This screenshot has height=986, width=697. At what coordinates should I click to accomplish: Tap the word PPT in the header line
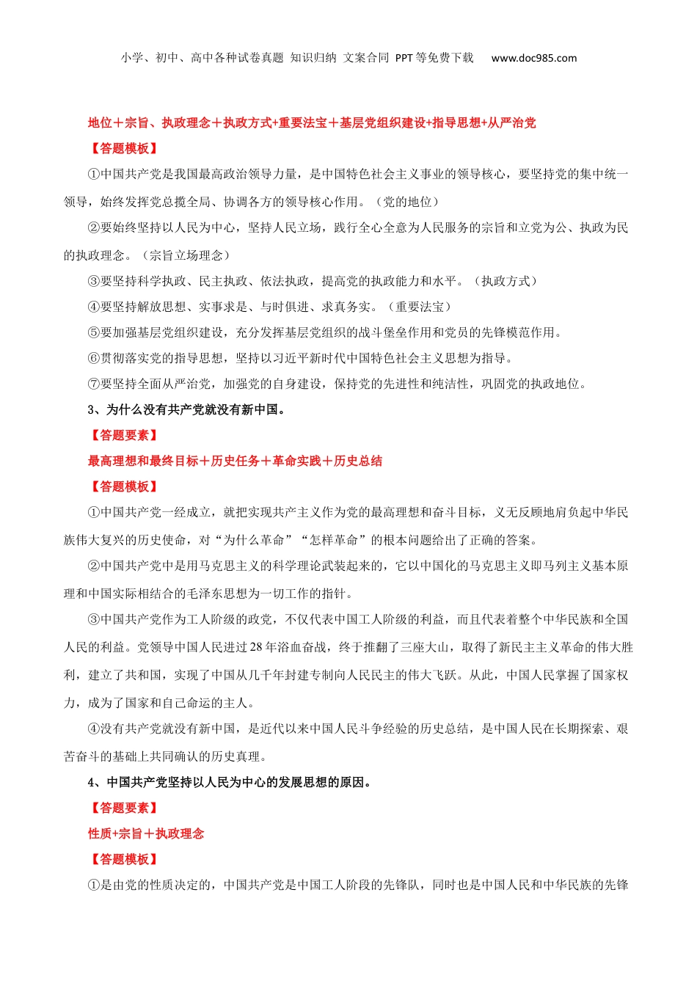(x=404, y=58)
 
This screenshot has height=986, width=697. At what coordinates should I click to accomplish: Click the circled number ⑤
(x=94, y=332)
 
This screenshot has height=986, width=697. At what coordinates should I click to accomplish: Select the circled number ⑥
(x=94, y=358)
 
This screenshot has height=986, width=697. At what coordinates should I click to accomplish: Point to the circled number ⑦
(x=94, y=384)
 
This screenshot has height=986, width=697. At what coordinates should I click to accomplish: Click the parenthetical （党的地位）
(x=406, y=202)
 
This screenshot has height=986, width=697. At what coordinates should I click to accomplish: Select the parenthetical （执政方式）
(x=506, y=281)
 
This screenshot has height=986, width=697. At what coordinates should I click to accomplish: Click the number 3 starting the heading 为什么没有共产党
(x=91, y=409)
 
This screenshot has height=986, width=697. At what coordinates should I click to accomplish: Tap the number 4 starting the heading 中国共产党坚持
(x=91, y=782)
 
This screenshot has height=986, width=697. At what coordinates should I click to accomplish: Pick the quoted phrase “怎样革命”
(x=334, y=540)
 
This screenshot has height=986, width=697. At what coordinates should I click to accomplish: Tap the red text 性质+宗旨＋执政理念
(x=146, y=833)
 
